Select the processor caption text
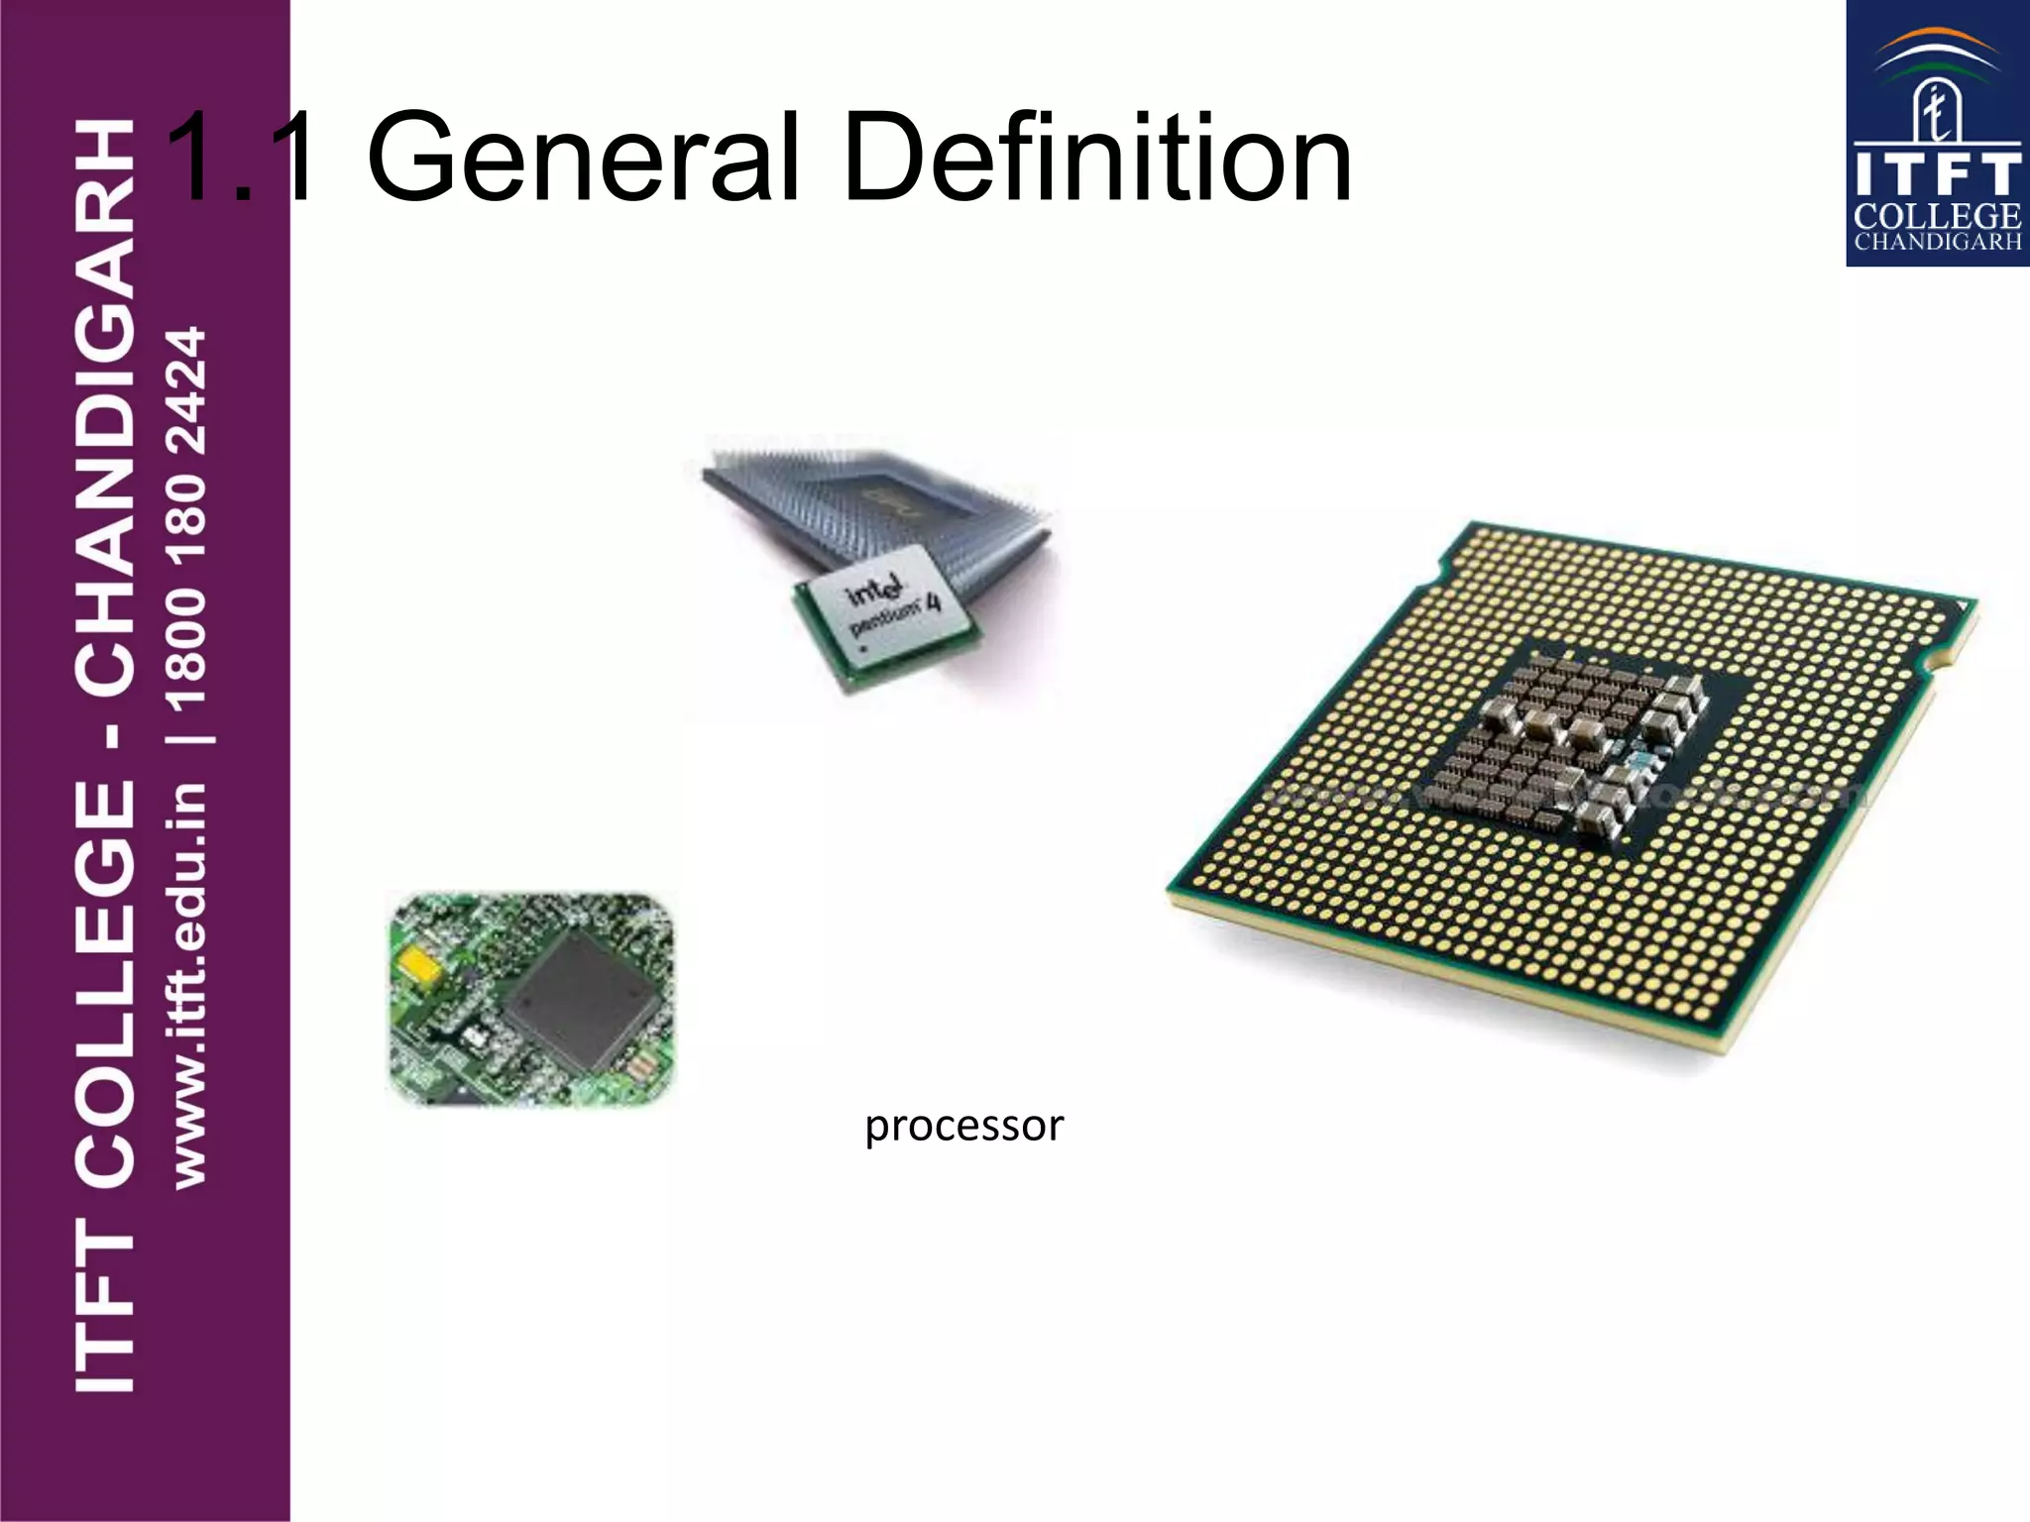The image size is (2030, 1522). tap(963, 1126)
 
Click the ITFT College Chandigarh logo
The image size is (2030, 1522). tap(1937, 134)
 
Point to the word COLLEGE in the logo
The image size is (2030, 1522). tap(1937, 216)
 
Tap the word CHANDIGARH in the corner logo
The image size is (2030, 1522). tap(1937, 242)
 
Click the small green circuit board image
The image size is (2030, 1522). tap(532, 999)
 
